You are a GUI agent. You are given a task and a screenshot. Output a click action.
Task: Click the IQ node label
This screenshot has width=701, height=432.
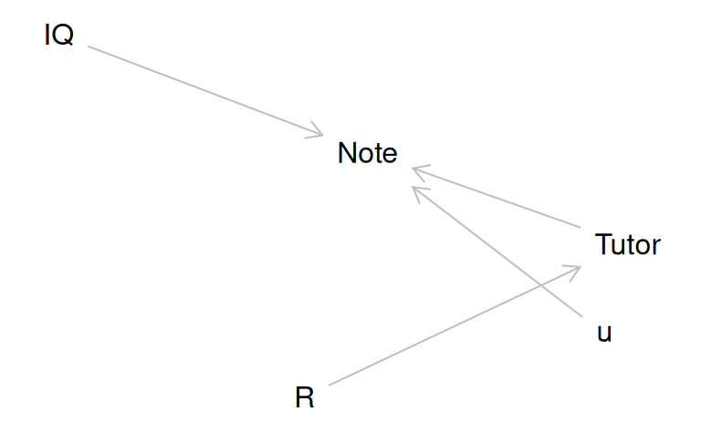(58, 36)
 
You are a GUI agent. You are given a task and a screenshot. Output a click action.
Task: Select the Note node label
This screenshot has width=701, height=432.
(367, 153)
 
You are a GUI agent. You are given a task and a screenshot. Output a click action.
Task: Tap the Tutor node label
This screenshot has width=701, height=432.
(627, 244)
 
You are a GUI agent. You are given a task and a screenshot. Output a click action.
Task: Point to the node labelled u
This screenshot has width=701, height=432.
(604, 333)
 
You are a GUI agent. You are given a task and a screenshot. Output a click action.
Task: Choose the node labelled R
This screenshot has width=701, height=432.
(305, 398)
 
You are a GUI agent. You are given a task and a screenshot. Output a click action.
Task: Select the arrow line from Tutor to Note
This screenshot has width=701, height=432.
(497, 198)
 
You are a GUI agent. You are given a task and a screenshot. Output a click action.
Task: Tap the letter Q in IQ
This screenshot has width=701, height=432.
(64, 36)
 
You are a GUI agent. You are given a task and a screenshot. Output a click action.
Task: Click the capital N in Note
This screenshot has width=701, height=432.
(346, 153)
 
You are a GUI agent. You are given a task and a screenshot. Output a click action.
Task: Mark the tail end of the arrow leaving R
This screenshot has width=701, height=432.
(330, 385)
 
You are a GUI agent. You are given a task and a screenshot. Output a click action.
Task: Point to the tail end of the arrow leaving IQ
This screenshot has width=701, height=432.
(89, 46)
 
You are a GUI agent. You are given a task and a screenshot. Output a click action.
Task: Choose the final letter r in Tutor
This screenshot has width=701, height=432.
(655, 246)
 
